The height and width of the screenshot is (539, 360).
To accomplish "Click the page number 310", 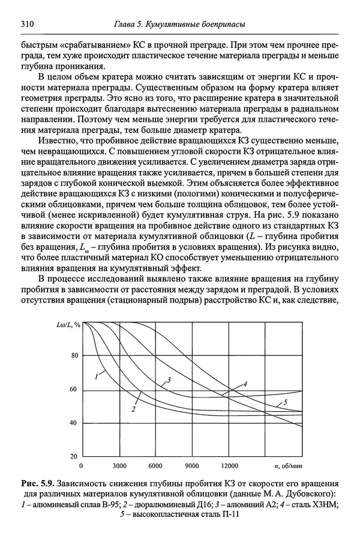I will (x=26, y=24).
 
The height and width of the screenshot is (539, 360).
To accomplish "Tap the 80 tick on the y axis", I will (x=74, y=356).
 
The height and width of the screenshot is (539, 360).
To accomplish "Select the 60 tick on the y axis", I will (x=74, y=390).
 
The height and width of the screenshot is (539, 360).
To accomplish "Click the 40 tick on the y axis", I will (x=74, y=424).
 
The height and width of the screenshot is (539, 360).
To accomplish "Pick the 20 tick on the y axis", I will (x=74, y=457).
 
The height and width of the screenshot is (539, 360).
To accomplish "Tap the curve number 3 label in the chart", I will (x=170, y=380).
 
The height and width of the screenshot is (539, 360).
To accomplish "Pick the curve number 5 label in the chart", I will (x=286, y=403).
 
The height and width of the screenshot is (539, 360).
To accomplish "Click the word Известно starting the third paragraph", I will (x=64, y=140).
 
